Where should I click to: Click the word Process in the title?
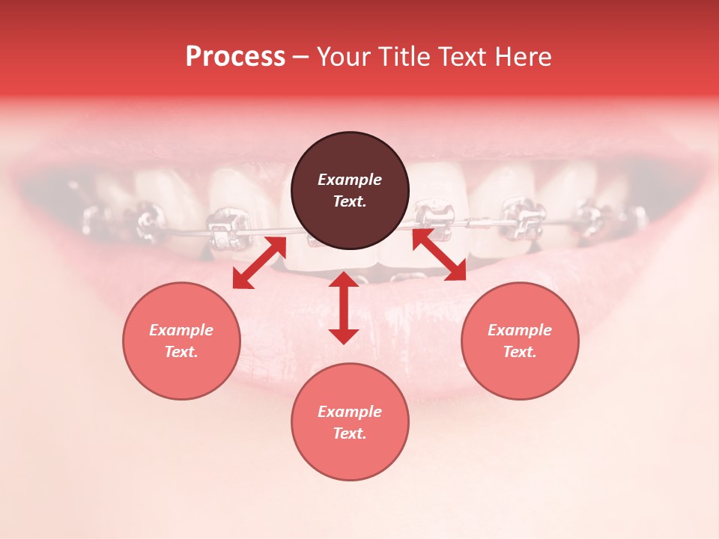[x=235, y=57]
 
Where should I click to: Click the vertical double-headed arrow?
[x=344, y=308]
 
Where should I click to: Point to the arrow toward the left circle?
[x=259, y=263]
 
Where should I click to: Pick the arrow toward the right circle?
[x=439, y=255]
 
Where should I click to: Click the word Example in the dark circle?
[x=350, y=180]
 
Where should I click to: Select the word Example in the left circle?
[x=181, y=330]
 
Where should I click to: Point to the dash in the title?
[x=301, y=58]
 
